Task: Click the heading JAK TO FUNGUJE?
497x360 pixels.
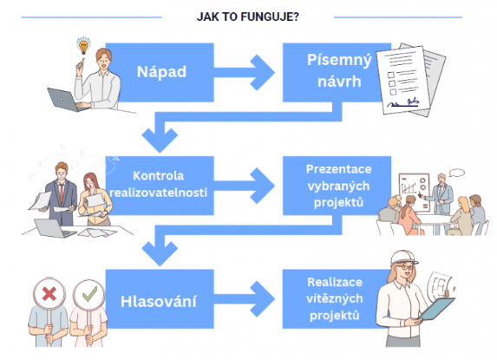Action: pyautogui.click(x=247, y=16)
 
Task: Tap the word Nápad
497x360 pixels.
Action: pyautogui.click(x=161, y=72)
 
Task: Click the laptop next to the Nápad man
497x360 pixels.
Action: pyautogui.click(x=65, y=100)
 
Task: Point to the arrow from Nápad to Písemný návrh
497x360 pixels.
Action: pyautogui.click(x=244, y=73)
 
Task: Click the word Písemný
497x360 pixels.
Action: pyautogui.click(x=339, y=61)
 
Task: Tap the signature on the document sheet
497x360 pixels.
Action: pyautogui.click(x=403, y=103)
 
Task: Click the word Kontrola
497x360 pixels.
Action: pyautogui.click(x=158, y=175)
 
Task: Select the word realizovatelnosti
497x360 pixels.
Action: pyautogui.click(x=158, y=193)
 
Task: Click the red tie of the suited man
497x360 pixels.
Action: pyautogui.click(x=62, y=193)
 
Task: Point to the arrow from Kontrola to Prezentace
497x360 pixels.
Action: pyautogui.click(x=244, y=186)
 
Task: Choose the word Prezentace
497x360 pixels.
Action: pyautogui.click(x=338, y=169)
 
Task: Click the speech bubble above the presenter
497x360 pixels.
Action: pyautogui.click(x=457, y=173)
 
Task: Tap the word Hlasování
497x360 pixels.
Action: pyautogui.click(x=158, y=301)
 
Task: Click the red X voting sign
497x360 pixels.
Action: pyautogui.click(x=49, y=294)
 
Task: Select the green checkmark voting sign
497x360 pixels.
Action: pyautogui.click(x=89, y=295)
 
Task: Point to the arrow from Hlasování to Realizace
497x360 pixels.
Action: pyautogui.click(x=244, y=298)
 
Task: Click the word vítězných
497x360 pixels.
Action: pyautogui.click(x=335, y=298)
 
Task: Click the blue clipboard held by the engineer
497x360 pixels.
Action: pyautogui.click(x=437, y=309)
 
